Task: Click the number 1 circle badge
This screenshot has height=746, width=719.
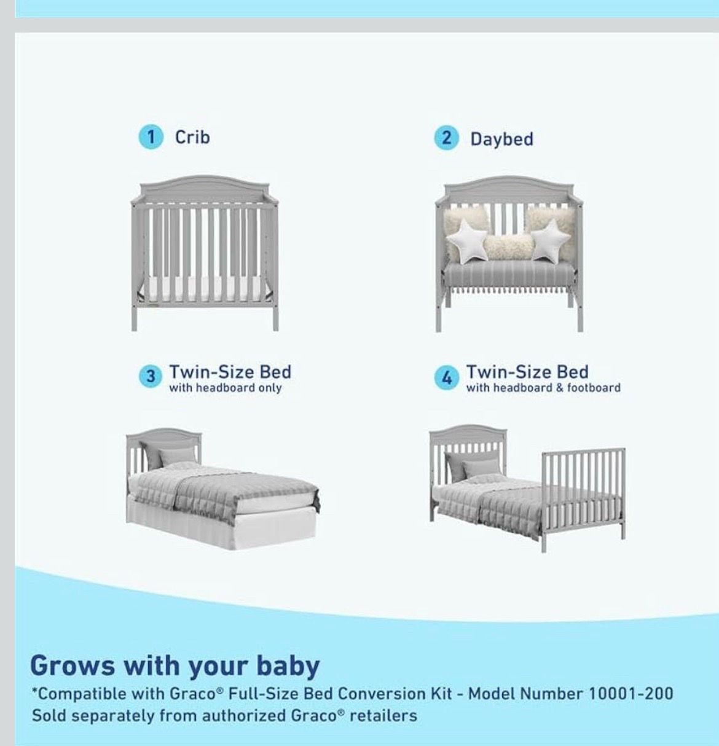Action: coord(151,137)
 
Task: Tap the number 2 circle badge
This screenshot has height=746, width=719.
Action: coord(446,138)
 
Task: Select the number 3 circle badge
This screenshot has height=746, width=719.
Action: coord(151,376)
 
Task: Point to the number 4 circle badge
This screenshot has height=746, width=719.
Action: coord(446,377)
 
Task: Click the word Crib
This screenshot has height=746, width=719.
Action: coord(192,137)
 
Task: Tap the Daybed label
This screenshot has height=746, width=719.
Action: coord(501,139)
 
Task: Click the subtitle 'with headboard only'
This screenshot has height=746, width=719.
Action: coord(226,388)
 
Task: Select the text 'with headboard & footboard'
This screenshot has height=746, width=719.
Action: coord(543,388)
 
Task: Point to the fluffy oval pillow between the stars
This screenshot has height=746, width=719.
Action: coord(509,247)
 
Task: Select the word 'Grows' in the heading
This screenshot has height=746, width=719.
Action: coord(73,666)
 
